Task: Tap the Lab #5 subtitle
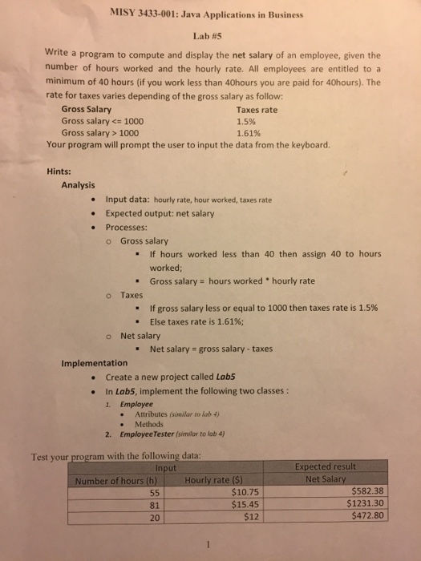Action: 211,35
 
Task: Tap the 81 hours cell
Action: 156,505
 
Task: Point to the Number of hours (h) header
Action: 115,480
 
